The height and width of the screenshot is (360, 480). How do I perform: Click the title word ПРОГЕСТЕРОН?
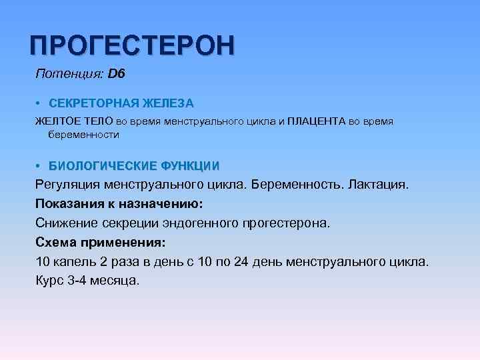click(x=132, y=45)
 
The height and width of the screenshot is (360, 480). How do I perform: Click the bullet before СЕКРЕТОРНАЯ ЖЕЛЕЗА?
click(x=39, y=103)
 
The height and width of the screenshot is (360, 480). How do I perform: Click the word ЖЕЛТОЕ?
click(x=56, y=122)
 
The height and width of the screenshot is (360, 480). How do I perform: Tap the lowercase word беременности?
click(x=83, y=135)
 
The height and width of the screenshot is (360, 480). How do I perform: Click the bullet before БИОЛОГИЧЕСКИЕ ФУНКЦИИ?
click(x=39, y=165)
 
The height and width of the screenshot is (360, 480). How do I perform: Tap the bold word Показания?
click(x=68, y=203)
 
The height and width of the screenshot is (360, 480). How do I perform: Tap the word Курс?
click(x=49, y=280)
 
